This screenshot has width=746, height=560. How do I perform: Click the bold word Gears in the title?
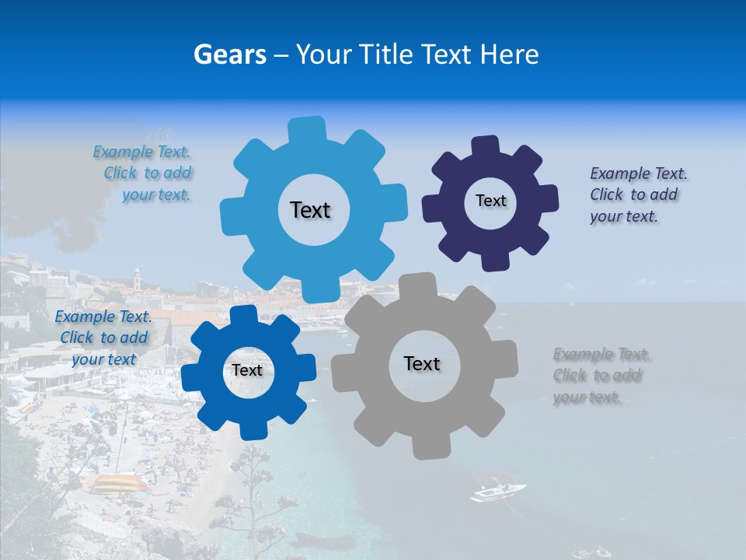pyautogui.click(x=230, y=54)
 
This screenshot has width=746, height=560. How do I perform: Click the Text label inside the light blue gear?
pyautogui.click(x=310, y=210)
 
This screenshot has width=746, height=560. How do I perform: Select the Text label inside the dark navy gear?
pyautogui.click(x=490, y=201)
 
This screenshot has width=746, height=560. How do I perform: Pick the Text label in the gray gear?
pyautogui.click(x=422, y=363)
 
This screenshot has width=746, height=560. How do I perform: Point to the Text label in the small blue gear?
pyautogui.click(x=247, y=370)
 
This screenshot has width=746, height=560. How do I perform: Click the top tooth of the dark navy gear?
pyautogui.click(x=486, y=146)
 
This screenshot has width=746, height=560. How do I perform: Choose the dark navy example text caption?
pyautogui.click(x=637, y=195)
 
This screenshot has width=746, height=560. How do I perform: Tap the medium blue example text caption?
pyautogui.click(x=103, y=338)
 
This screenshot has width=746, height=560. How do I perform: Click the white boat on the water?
pyautogui.click(x=497, y=492)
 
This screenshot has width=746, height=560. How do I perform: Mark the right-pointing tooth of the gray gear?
pyautogui.click(x=507, y=361)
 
